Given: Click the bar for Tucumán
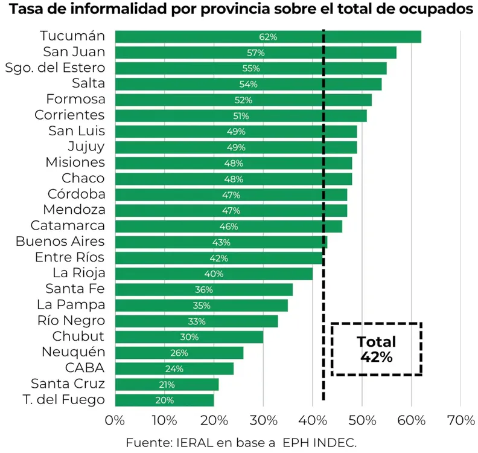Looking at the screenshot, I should point(267,37).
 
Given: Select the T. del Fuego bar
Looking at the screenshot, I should point(164,400).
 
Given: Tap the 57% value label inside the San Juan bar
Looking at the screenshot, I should point(256,53).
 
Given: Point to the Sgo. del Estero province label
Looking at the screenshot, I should point(55,68).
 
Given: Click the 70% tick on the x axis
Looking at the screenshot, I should point(460,420).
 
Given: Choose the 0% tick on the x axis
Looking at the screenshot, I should point(115,420).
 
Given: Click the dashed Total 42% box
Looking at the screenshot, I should point(376,349).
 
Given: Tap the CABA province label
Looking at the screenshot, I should point(85,368).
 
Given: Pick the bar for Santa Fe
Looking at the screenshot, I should point(203,290).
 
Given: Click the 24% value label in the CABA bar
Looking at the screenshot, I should point(174,368).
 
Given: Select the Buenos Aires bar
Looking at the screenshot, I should point(221,242).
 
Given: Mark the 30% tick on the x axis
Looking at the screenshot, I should point(263,420).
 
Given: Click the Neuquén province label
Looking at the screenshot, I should point(74,352).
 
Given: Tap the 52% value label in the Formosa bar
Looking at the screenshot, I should point(243,100).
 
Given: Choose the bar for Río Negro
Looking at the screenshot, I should point(196,321).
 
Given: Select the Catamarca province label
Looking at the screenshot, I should point(68,226).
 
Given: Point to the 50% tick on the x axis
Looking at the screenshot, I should point(362,420).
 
